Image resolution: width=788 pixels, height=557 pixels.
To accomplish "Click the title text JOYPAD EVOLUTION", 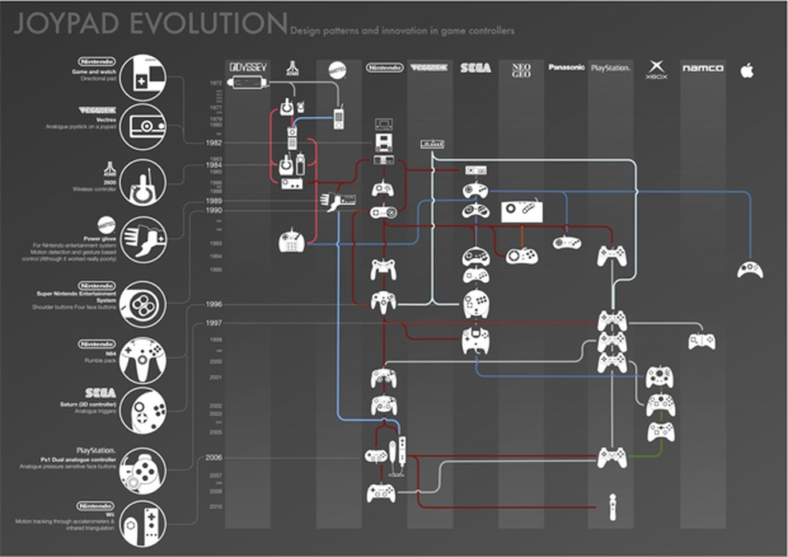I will [151, 23].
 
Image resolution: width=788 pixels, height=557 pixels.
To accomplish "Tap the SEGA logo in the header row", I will [475, 68].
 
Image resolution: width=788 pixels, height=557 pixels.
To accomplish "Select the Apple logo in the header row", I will [747, 71].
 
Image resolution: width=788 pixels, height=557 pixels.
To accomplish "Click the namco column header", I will [702, 68].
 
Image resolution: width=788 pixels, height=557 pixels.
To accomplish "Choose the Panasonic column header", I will [565, 67].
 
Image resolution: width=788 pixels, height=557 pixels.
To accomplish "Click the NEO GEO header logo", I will [521, 69].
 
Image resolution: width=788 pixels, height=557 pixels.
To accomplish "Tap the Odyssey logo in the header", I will [247, 68].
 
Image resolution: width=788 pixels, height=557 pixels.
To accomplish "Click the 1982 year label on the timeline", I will [213, 142].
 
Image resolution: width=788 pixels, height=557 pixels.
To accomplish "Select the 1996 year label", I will [213, 305].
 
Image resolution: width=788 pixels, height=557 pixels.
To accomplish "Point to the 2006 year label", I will [213, 458].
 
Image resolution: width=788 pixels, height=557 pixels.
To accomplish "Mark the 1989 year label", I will [213, 200].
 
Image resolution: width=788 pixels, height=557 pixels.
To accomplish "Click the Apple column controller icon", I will [750, 268].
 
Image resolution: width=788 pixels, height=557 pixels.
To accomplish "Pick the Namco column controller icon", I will [702, 341].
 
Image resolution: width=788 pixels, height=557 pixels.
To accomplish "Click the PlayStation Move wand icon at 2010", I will [612, 507].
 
